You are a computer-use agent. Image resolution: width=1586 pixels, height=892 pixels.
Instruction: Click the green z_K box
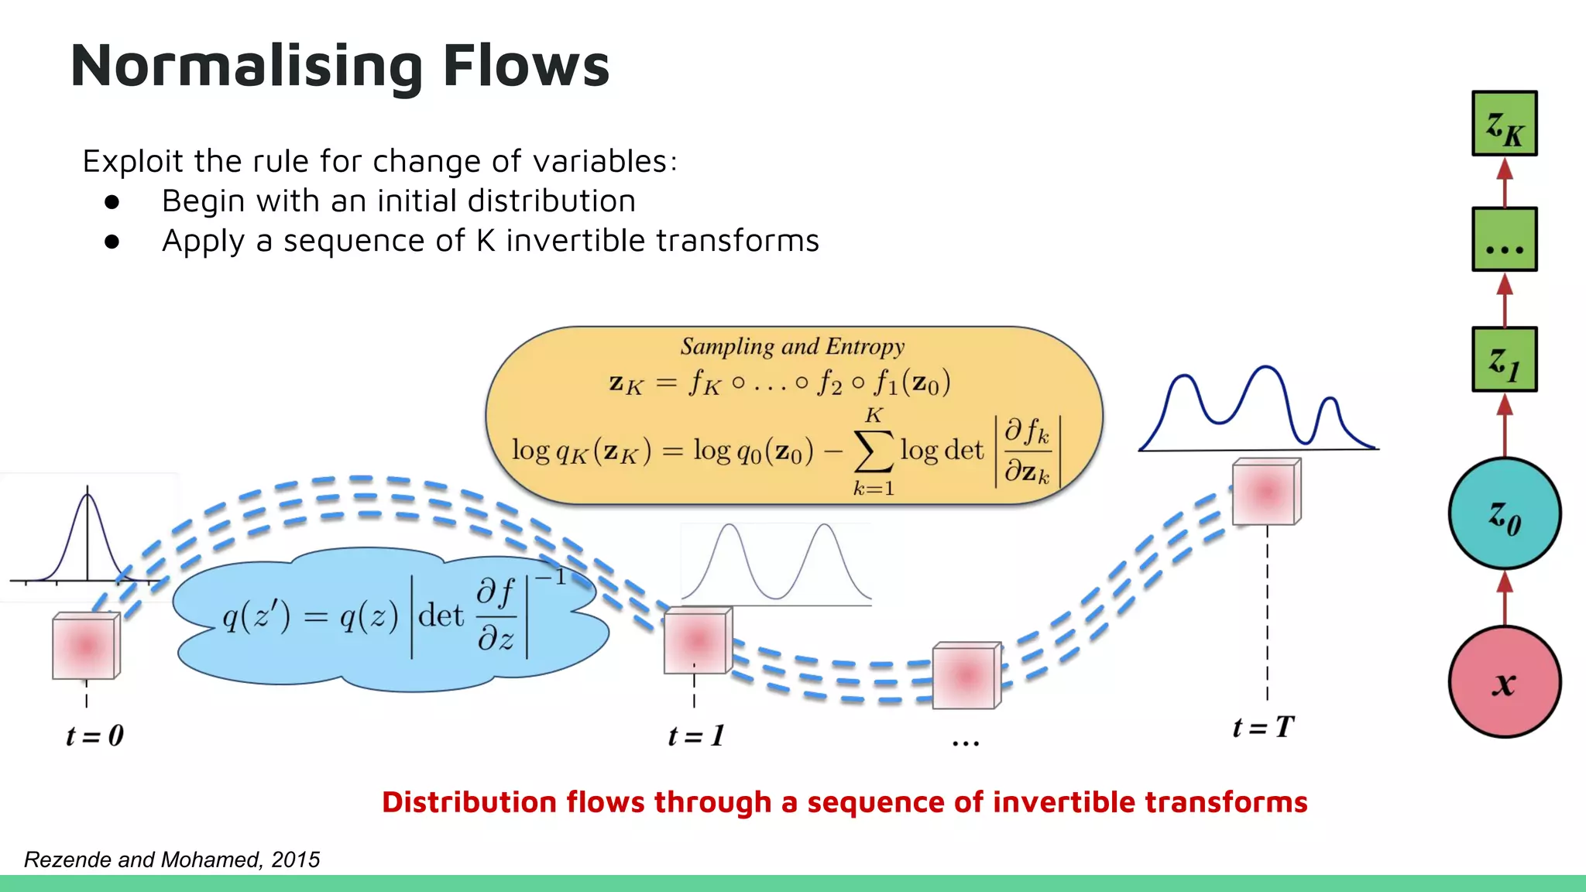(x=1504, y=124)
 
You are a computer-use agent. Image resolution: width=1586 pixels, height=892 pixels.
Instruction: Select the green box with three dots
(x=1504, y=239)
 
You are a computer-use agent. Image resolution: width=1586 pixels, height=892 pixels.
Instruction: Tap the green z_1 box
(x=1504, y=359)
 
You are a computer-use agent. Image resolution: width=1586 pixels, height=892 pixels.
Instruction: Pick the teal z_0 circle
(x=1504, y=513)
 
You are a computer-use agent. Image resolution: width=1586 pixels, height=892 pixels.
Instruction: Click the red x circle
(x=1504, y=681)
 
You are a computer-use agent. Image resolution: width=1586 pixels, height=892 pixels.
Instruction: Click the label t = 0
(x=94, y=736)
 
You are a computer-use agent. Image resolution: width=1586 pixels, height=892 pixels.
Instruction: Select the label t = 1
(x=696, y=736)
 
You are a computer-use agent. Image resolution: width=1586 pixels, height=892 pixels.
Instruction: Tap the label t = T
(x=1263, y=727)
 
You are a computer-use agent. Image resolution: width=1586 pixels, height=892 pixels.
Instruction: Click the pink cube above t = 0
(x=85, y=646)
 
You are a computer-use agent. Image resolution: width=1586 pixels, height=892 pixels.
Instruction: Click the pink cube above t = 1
(x=697, y=640)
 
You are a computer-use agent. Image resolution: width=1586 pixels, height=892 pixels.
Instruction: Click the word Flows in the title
(x=526, y=66)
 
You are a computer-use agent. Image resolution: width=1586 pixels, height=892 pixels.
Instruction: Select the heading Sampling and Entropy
(x=792, y=346)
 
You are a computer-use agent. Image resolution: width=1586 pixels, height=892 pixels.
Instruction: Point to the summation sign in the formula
(x=873, y=452)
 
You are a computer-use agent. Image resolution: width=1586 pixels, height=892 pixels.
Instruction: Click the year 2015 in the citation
(x=295, y=859)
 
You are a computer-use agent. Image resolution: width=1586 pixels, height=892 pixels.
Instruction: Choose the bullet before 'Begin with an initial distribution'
(x=112, y=202)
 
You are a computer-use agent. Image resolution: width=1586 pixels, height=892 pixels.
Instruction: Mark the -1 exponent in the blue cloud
(x=551, y=578)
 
